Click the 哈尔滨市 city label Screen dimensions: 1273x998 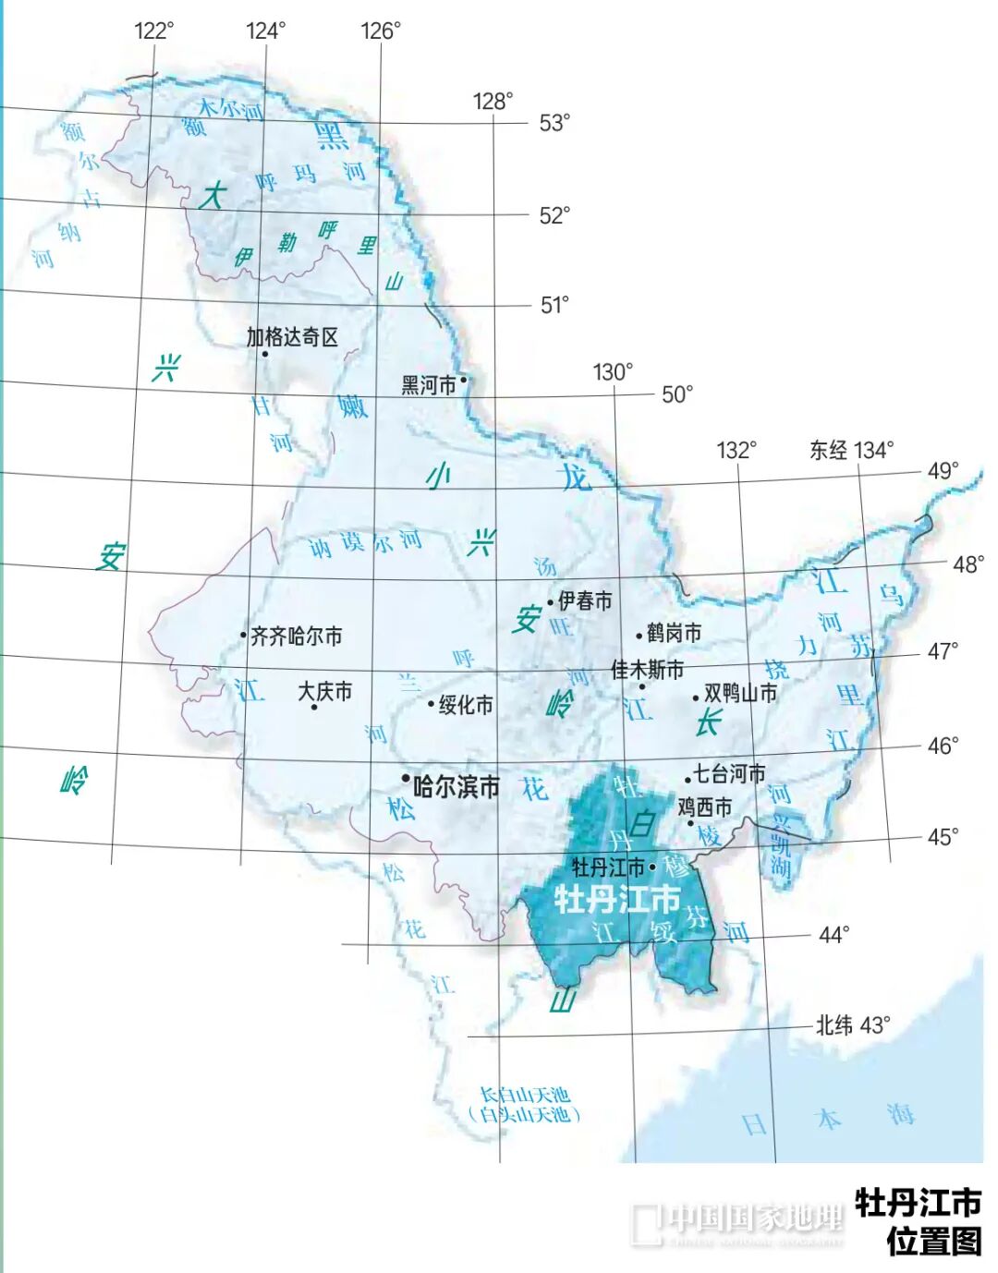pos(456,786)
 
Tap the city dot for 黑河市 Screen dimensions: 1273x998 pos(463,378)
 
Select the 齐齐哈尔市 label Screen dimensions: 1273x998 pos(297,636)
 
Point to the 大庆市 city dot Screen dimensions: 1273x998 pos(314,707)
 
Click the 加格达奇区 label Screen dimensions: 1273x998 pos(292,337)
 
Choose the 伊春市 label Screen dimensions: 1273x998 pos(585,601)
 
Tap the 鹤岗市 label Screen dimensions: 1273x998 pos(674,633)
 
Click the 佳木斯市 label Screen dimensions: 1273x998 pos(647,669)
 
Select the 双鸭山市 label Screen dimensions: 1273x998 pos(740,693)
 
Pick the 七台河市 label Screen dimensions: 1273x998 pos(729,773)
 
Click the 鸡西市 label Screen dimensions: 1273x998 pos(704,806)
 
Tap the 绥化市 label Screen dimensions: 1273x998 pos(466,705)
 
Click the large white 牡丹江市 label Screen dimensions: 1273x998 pos(616,898)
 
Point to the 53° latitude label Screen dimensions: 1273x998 pos(554,123)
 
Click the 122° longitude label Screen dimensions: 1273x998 pos(153,30)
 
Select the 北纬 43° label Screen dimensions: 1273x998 pos(852,1024)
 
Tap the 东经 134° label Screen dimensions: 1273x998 pos(851,450)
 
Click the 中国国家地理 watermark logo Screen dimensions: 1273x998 pos(737,1222)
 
